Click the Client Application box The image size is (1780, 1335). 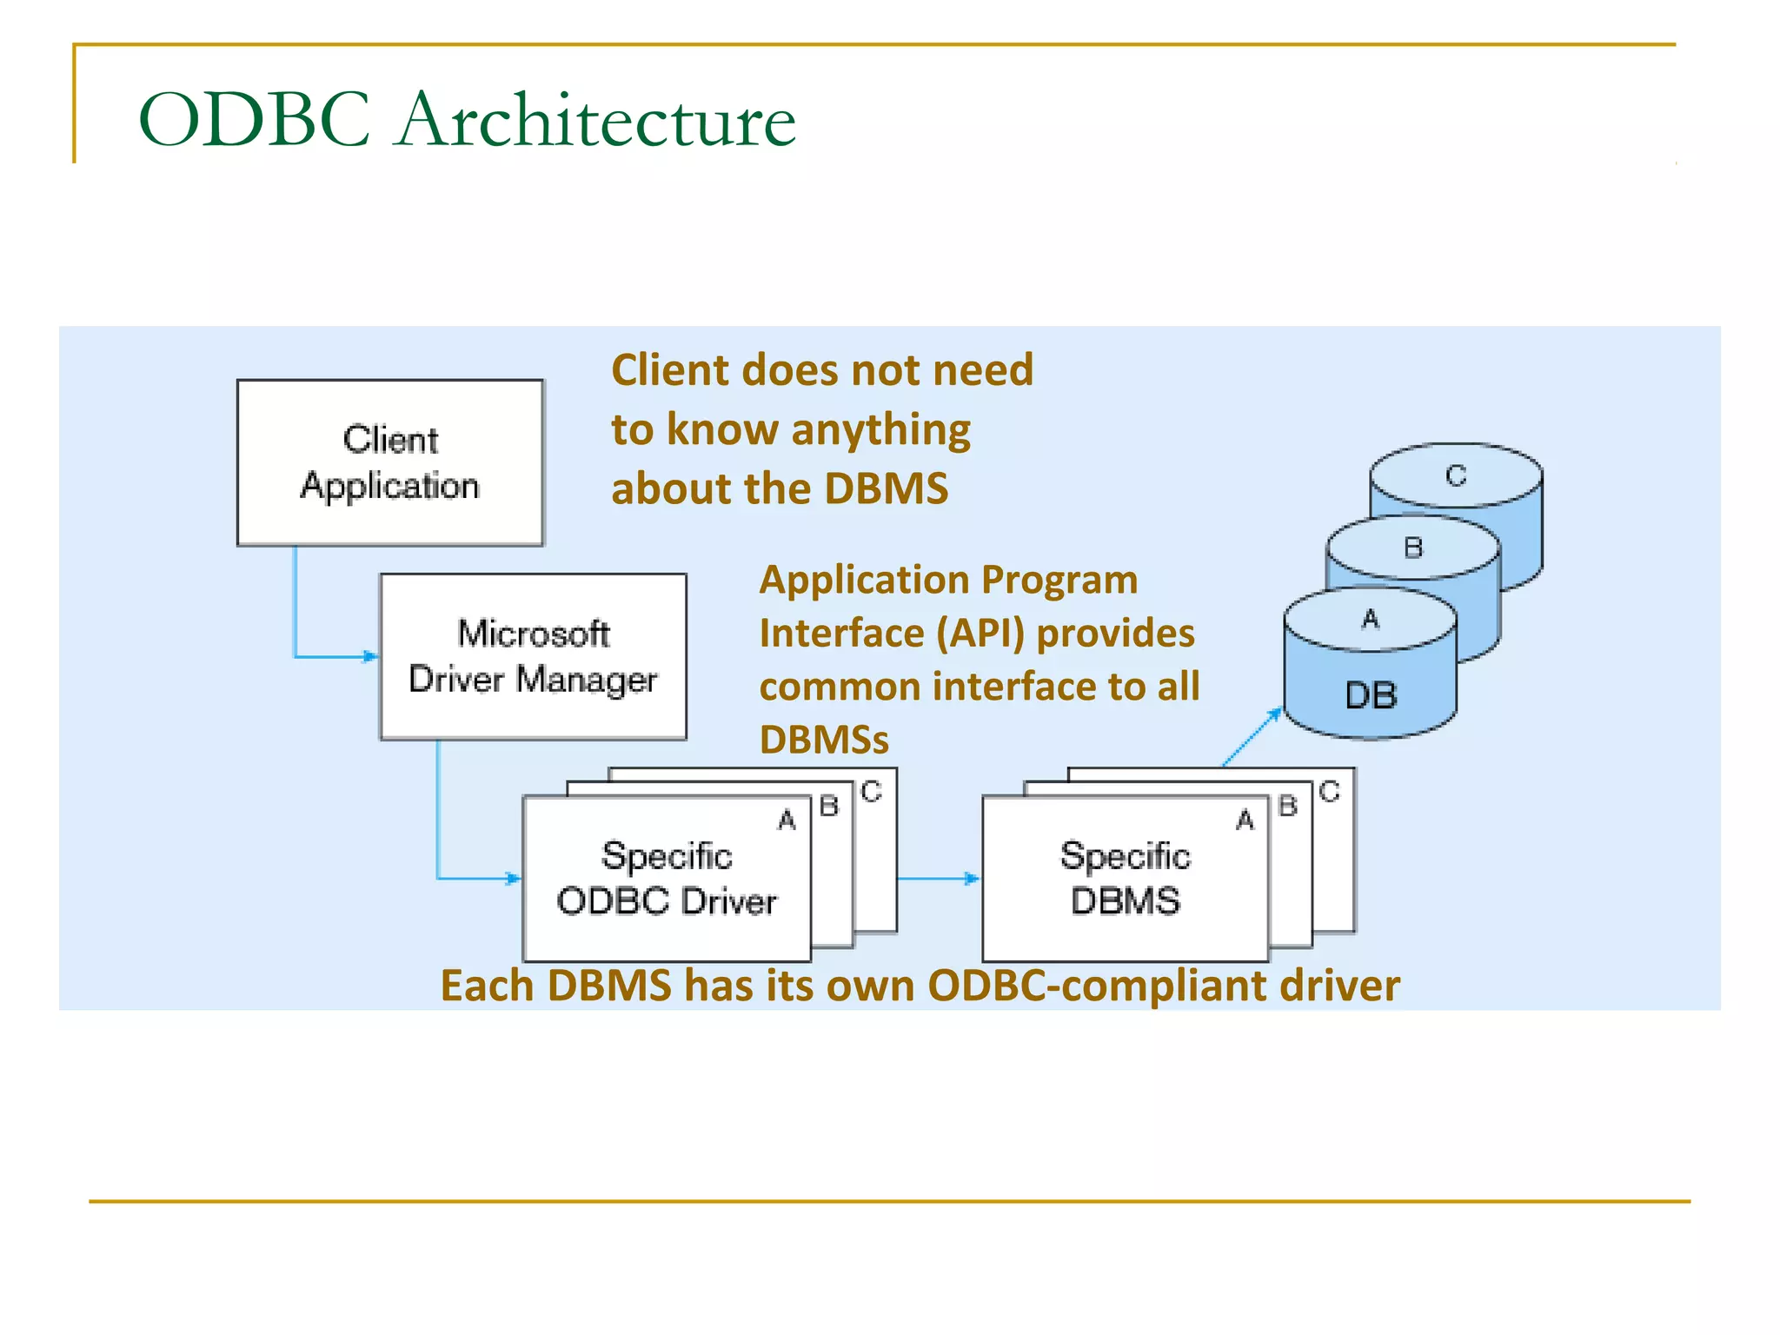coord(390,462)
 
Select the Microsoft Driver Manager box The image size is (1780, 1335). coord(533,656)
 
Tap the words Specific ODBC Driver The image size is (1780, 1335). coord(667,879)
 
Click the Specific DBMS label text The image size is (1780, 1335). coord(1125,879)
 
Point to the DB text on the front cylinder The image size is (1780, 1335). coord(1371,695)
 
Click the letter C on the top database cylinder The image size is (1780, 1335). coord(1456,475)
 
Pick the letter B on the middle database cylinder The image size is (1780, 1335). coord(1413,548)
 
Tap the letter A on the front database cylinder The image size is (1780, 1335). coord(1371,619)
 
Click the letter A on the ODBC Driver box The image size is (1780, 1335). coord(787,820)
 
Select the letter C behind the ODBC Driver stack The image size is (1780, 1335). coord(871,791)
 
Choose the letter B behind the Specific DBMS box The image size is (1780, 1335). coord(1287,806)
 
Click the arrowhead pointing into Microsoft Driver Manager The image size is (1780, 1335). coord(371,656)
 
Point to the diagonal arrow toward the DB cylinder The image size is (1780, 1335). coord(1252,737)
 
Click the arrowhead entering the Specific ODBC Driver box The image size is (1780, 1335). coord(514,879)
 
